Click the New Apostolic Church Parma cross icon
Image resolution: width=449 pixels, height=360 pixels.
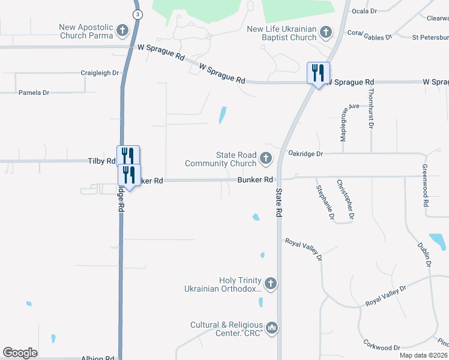tap(122, 31)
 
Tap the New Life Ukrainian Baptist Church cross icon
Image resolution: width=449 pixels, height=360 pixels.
tap(326, 32)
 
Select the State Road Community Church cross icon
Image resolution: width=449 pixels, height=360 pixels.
tap(266, 159)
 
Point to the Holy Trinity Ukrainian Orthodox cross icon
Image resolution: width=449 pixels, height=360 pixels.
tap(271, 283)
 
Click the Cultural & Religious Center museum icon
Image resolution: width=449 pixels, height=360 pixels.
tap(272, 328)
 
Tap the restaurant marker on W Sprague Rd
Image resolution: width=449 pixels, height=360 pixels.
tap(317, 73)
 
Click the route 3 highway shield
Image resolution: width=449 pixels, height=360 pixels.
tap(138, 14)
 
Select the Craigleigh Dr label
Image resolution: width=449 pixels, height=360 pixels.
tap(100, 73)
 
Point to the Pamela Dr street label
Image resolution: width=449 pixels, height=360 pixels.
tap(34, 93)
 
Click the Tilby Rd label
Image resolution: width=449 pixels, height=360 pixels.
tap(101, 161)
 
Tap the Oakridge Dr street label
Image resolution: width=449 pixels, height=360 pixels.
tap(305, 154)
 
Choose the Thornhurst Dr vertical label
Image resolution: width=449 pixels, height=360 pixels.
tap(372, 108)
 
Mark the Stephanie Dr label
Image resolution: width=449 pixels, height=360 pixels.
tap(325, 202)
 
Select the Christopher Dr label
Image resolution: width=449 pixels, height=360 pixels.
tap(345, 199)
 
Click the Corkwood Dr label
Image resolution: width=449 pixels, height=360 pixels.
tap(382, 347)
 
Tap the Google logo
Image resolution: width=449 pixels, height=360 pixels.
tap(20, 353)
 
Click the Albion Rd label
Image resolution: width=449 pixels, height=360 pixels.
tap(98, 358)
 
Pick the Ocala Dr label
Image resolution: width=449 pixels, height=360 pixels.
tap(364, 11)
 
